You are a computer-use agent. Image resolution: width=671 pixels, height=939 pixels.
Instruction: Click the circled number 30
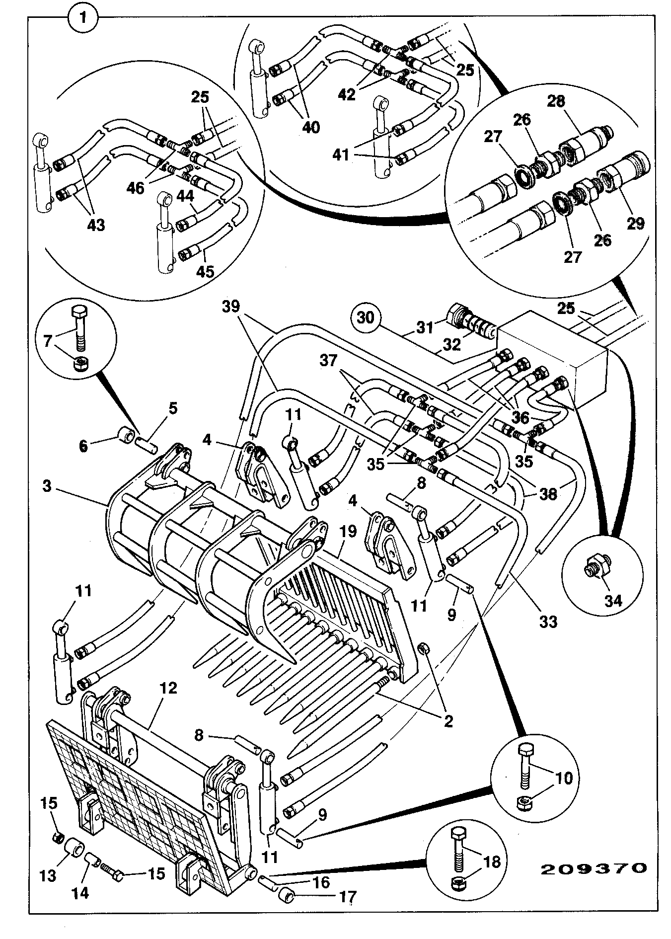coord(366,316)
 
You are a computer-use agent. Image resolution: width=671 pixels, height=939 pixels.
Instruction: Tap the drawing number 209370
coord(594,867)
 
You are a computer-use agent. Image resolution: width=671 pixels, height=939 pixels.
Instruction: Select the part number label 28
coord(556,101)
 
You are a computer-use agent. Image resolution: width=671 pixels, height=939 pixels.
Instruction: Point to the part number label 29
coord(635,224)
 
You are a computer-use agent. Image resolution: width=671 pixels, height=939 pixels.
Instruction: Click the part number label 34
coord(613,601)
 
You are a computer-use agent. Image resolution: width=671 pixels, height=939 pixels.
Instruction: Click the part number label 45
coord(206,271)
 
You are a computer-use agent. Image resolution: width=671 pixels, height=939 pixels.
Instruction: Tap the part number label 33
coord(548,621)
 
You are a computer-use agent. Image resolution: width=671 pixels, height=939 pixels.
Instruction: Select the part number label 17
coord(347,897)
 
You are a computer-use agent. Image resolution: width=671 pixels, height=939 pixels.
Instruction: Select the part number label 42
coord(347,94)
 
